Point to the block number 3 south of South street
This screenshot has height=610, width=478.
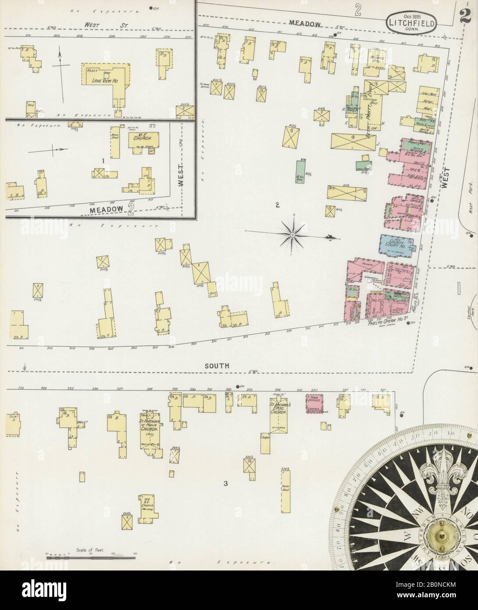point(225,484)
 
